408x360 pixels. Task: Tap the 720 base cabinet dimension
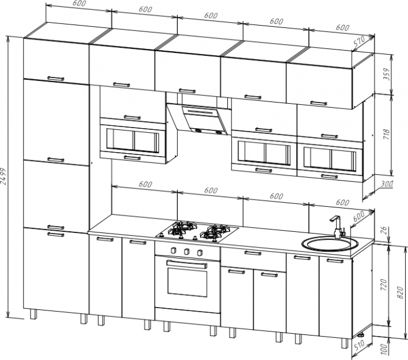[x=384, y=284]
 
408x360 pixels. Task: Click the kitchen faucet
[x=335, y=227]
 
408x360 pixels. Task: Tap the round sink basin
[x=329, y=243]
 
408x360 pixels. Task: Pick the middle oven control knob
[x=187, y=252]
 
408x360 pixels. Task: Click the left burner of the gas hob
[x=184, y=229]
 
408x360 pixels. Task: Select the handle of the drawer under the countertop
[x=252, y=253]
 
